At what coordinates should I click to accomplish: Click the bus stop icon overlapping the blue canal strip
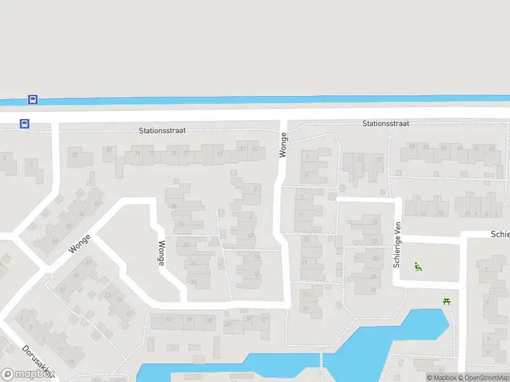33,100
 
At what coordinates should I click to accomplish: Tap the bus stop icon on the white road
24,124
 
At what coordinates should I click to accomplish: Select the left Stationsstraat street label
162,130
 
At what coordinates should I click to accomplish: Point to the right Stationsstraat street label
386,124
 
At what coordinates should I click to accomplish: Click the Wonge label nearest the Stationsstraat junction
283,145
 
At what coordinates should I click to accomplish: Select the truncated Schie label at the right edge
500,234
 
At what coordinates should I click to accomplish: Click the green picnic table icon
446,301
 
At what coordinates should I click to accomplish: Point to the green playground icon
418,267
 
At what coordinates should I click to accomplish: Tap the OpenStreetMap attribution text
484,378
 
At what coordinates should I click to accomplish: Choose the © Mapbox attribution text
441,378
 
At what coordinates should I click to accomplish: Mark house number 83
75,155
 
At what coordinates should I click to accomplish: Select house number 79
137,153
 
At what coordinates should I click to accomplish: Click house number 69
220,153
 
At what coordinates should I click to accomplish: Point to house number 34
181,224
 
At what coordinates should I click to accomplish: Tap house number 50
69,227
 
